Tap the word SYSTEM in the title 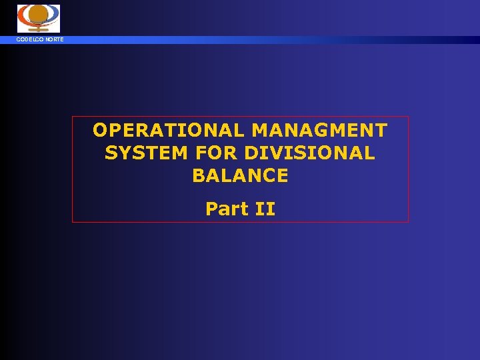[147, 153]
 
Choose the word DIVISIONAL [309, 153]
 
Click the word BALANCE [240, 176]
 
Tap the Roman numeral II [265, 209]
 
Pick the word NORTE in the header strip [54, 40]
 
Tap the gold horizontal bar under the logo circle [38, 29]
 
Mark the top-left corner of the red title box [73, 117]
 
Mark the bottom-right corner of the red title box [408, 221]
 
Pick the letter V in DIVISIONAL [273, 153]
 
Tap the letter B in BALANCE [199, 176]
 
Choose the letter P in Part [212, 209]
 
